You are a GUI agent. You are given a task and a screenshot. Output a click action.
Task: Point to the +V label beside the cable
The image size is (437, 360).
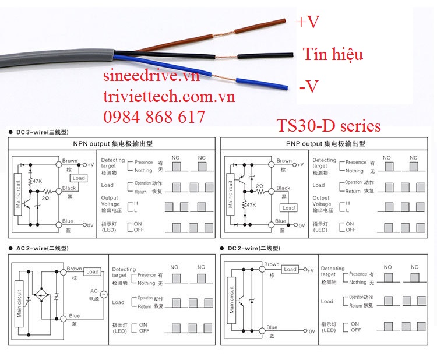point(308,22)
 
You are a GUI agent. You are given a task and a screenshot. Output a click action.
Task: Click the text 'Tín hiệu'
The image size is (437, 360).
point(333,55)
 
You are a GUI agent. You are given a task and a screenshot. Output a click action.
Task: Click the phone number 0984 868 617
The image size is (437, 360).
point(154,117)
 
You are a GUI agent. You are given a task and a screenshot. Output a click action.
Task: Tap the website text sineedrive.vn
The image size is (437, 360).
point(151,76)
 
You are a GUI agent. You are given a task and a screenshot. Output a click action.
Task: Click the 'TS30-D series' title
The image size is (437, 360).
point(329,126)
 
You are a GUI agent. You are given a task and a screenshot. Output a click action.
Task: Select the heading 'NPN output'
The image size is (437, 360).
point(87,143)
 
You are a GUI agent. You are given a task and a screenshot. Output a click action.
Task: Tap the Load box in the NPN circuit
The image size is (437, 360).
point(79,178)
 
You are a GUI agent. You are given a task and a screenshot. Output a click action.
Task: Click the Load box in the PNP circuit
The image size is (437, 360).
point(288,208)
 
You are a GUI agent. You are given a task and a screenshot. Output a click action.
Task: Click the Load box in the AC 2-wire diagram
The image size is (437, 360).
point(92,271)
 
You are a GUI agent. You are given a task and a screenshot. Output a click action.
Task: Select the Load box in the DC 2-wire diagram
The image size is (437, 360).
point(290,269)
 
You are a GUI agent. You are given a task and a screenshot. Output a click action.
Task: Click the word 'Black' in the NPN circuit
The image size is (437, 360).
point(69,188)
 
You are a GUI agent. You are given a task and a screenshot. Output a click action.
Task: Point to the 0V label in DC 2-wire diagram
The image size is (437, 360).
point(311,331)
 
